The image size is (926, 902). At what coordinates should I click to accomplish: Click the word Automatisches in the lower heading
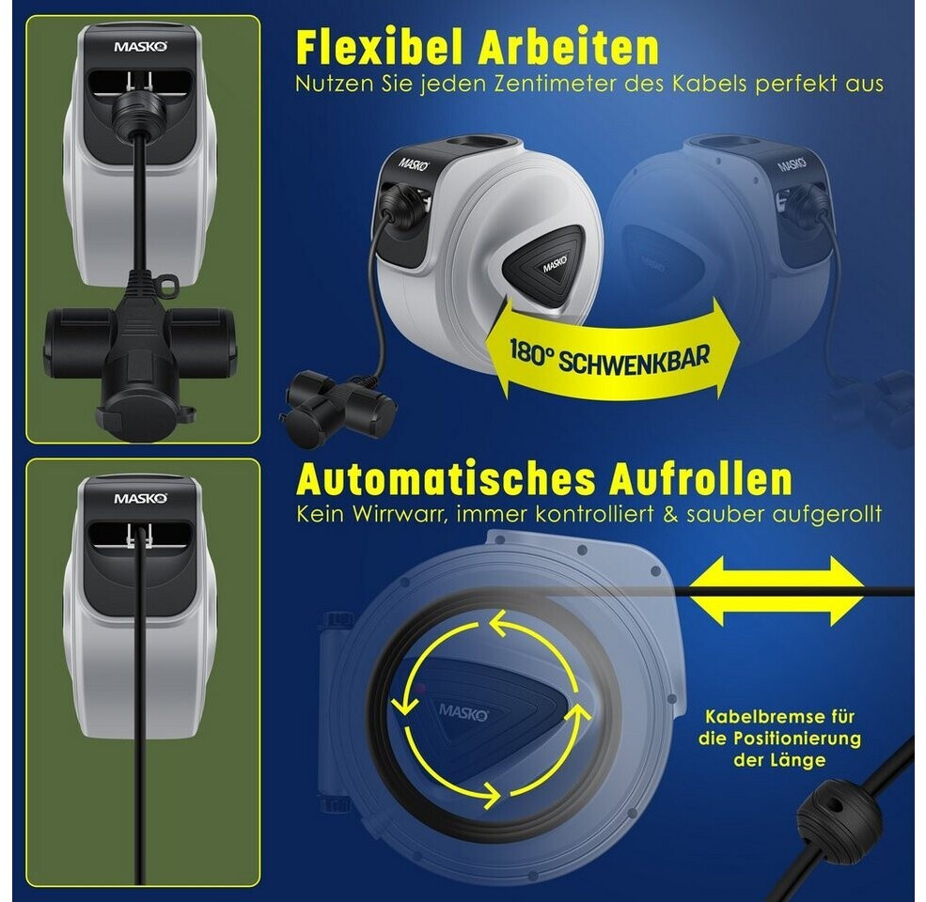click(x=447, y=479)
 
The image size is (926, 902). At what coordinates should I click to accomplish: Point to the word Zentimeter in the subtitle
click(x=555, y=84)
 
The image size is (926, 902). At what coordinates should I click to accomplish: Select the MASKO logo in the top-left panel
click(x=141, y=47)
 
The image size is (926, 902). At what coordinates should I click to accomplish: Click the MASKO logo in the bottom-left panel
click(x=141, y=498)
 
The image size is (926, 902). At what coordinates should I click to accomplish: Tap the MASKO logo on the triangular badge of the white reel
click(x=555, y=264)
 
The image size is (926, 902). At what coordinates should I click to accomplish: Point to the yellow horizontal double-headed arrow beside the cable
click(x=777, y=591)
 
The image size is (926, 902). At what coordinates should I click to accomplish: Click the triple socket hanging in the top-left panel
click(x=140, y=354)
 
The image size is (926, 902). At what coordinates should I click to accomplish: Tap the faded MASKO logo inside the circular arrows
click(x=463, y=712)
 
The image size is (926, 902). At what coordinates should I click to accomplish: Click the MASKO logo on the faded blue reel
click(x=792, y=163)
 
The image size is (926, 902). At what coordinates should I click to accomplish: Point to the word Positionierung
click(x=797, y=739)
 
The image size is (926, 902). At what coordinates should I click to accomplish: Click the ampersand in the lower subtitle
click(x=670, y=514)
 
